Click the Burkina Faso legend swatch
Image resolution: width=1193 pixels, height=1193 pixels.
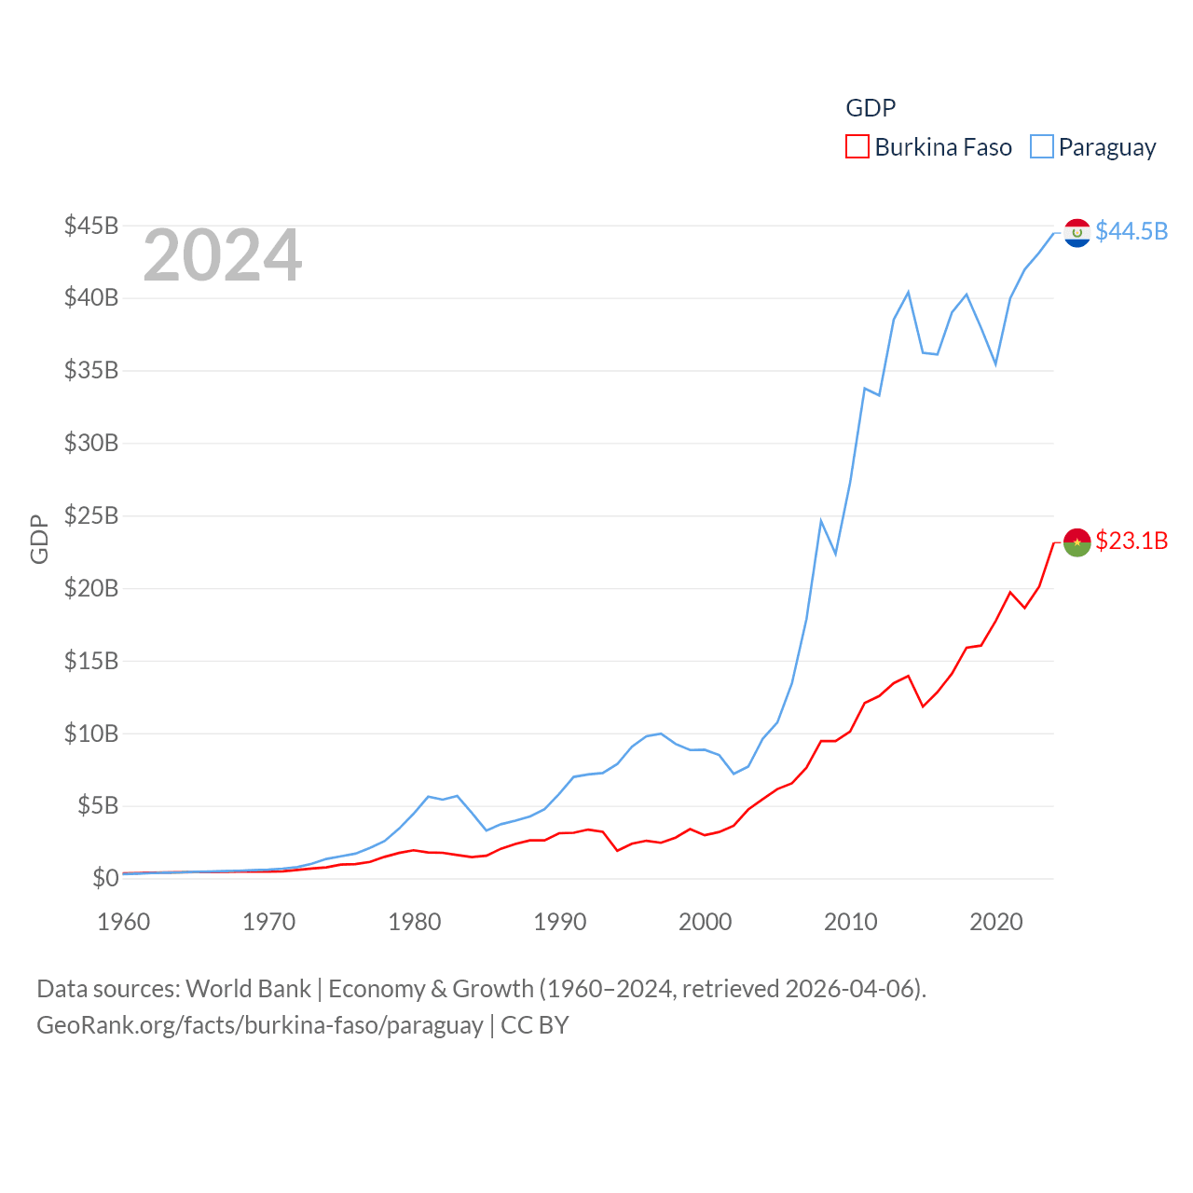point(857,147)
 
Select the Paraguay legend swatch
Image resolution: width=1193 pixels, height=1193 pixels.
point(1042,147)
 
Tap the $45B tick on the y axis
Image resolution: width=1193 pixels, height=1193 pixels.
point(91,226)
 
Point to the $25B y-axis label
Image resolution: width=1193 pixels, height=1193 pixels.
point(91,515)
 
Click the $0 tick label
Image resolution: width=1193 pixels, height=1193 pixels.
point(105,878)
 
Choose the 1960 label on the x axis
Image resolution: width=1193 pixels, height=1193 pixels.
point(124,922)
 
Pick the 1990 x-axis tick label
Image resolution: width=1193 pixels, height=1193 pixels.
point(560,922)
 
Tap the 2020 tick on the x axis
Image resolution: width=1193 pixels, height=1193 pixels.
point(996,922)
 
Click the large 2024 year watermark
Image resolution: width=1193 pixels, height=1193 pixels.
point(223,255)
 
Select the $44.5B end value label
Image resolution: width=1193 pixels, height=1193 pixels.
point(1131,231)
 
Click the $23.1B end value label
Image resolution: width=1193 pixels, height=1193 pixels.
point(1131,541)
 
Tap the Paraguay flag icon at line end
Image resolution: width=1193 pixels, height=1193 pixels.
point(1077,233)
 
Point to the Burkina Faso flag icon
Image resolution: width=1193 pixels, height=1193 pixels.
point(1077,542)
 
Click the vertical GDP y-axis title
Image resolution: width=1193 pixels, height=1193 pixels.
point(39,539)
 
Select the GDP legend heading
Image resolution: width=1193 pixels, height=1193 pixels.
point(871,108)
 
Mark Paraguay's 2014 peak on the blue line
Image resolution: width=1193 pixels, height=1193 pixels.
point(908,293)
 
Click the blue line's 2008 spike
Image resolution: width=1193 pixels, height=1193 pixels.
point(821,521)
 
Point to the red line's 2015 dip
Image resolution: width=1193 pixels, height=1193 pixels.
point(923,706)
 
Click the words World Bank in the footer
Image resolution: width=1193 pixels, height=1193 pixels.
point(249,988)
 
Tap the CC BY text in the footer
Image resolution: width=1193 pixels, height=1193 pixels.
point(535,1025)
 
